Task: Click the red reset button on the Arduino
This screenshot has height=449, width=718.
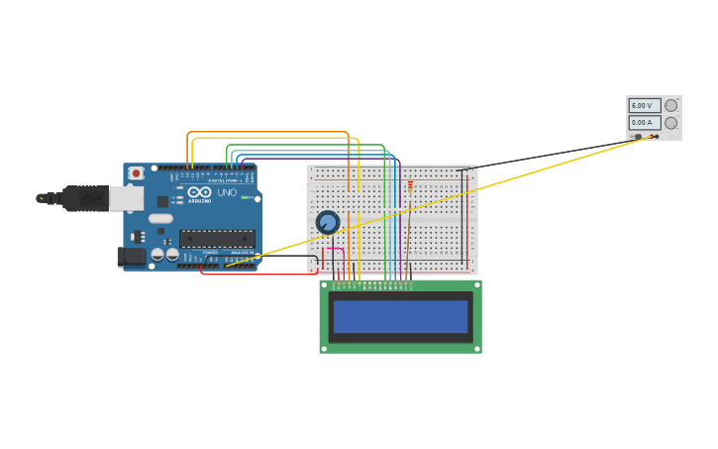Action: pos(136,173)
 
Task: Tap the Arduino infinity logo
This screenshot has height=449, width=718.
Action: pos(198,192)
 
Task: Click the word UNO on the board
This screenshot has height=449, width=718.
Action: pos(227,192)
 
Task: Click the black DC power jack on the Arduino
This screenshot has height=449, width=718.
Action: pos(131,257)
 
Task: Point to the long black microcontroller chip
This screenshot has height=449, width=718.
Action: pos(217,238)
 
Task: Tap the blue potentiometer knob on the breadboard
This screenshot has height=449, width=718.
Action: pos(328,222)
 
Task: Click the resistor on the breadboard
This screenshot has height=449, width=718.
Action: pos(410,186)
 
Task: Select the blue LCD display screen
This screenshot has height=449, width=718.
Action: pos(400,316)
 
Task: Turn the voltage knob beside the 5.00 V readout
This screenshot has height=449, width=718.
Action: pos(671,105)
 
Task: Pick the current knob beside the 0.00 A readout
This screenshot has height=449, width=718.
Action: pos(671,123)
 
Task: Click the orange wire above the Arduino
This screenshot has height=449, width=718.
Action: pos(267,132)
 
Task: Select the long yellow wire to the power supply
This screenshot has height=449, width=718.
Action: pos(436,203)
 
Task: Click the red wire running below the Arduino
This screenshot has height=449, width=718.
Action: pos(257,275)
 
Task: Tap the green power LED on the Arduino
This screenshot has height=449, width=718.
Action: pos(245,197)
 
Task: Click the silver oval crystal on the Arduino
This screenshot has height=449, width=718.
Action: pos(160,218)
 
